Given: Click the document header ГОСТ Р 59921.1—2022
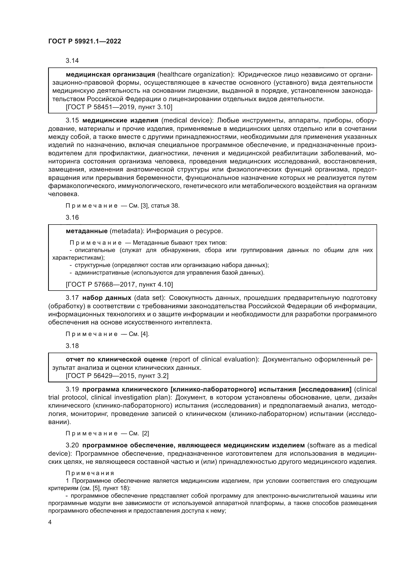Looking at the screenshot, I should click(84, 41).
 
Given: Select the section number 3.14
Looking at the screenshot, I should click(72, 61).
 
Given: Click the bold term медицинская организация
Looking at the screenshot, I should click(110, 75).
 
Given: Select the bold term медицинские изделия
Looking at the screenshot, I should click(120, 120).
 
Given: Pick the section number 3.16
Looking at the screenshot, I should click(72, 217).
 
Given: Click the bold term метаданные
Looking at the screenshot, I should click(86, 231).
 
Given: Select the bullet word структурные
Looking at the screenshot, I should click(93, 265).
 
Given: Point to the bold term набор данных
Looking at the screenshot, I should click(107, 298).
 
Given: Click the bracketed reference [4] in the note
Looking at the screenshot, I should click(145, 334).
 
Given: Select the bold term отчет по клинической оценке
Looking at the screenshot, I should click(117, 360).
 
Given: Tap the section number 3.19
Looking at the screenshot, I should click(72, 389).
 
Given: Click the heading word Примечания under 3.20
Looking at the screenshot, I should click(90, 473).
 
